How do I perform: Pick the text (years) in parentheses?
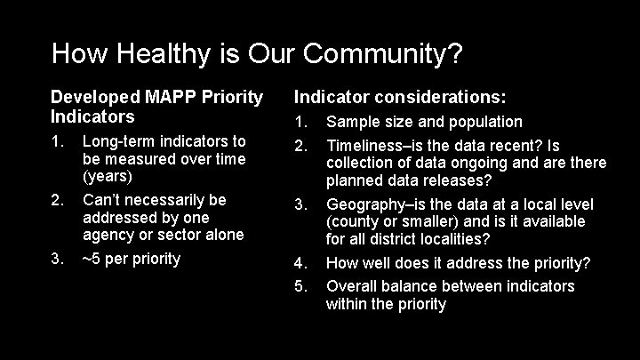click(107, 176)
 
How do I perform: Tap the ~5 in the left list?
click(91, 259)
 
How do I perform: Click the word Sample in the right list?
click(352, 122)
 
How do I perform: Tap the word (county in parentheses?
click(353, 221)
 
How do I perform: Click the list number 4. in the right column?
click(301, 263)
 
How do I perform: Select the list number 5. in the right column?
click(301, 286)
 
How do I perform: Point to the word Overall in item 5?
click(352, 286)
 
